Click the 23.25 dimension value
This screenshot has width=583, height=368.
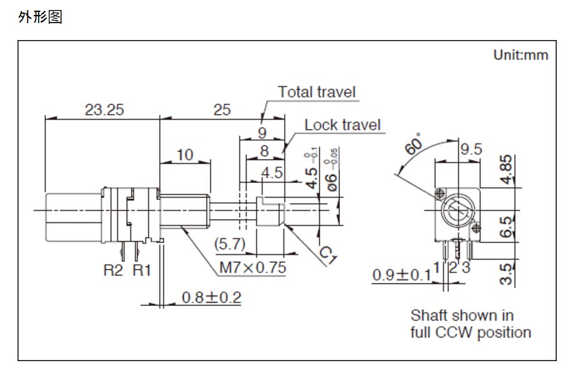pyautogui.click(x=105, y=110)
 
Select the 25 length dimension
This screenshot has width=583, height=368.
pyautogui.click(x=222, y=110)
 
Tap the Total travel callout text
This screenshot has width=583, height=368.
pyautogui.click(x=317, y=92)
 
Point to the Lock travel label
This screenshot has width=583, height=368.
pyautogui.click(x=343, y=125)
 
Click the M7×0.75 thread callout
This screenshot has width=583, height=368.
pyautogui.click(x=252, y=268)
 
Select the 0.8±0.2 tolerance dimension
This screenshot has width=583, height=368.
pyautogui.click(x=212, y=297)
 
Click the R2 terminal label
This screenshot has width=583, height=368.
pyautogui.click(x=113, y=270)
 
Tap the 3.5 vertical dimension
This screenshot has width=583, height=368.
pyautogui.click(x=508, y=274)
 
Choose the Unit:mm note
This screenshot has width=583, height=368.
pyautogui.click(x=520, y=55)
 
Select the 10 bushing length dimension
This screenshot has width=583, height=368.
pyautogui.click(x=185, y=154)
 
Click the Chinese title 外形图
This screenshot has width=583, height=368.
pyautogui.click(x=41, y=17)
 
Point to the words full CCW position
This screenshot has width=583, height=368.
pyautogui.click(x=470, y=332)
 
